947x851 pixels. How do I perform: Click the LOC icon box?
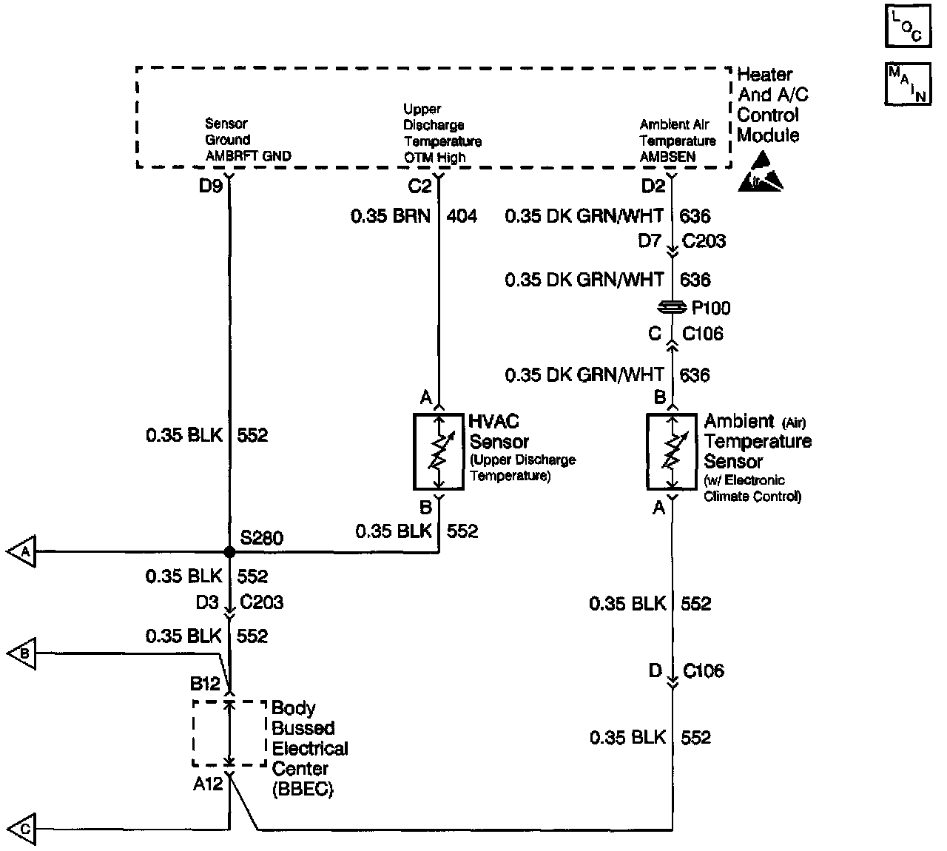pos(907,26)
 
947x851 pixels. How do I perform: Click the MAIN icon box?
pos(907,83)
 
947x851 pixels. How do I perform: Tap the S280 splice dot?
pos(229,551)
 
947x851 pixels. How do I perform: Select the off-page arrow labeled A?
pos(21,552)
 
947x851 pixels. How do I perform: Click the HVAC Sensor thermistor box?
pos(438,451)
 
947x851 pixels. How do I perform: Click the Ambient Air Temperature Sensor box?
pos(672,451)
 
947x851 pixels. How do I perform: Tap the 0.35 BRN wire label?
pos(390,216)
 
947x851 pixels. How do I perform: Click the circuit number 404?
pos(462,216)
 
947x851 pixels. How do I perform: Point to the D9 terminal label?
pos(211,186)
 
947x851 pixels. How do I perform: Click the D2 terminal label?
pos(653,186)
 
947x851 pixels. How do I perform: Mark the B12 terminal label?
pos(206,683)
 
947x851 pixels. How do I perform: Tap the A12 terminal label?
pos(208,784)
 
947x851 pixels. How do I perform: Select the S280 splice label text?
pos(261,537)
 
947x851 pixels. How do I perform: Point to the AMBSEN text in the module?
pos(667,157)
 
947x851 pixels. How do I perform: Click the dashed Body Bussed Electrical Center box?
pos(229,733)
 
